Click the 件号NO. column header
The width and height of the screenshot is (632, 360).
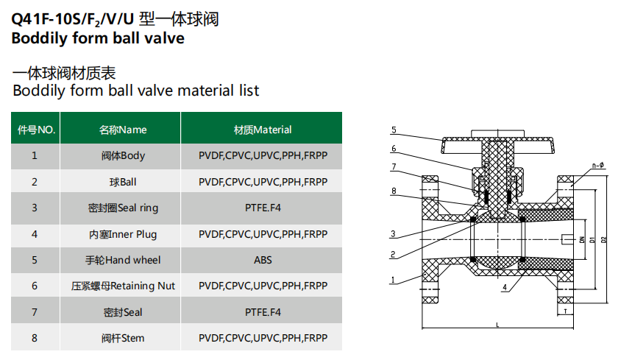click(x=36, y=130)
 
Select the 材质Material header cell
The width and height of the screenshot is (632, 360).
click(x=263, y=130)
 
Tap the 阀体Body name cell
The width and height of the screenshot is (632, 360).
click(x=123, y=155)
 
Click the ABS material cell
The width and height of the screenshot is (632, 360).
click(x=263, y=260)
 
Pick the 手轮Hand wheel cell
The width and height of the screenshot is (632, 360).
click(x=123, y=260)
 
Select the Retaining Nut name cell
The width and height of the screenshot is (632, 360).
click(x=123, y=286)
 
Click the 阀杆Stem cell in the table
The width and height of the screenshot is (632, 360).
click(x=123, y=338)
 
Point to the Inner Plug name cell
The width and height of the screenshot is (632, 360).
click(x=123, y=234)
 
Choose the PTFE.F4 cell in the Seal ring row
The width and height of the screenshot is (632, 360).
click(x=263, y=208)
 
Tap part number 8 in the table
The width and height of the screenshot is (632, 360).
click(x=35, y=338)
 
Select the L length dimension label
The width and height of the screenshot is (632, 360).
click(x=498, y=325)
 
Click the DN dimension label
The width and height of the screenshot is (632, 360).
click(x=581, y=239)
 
